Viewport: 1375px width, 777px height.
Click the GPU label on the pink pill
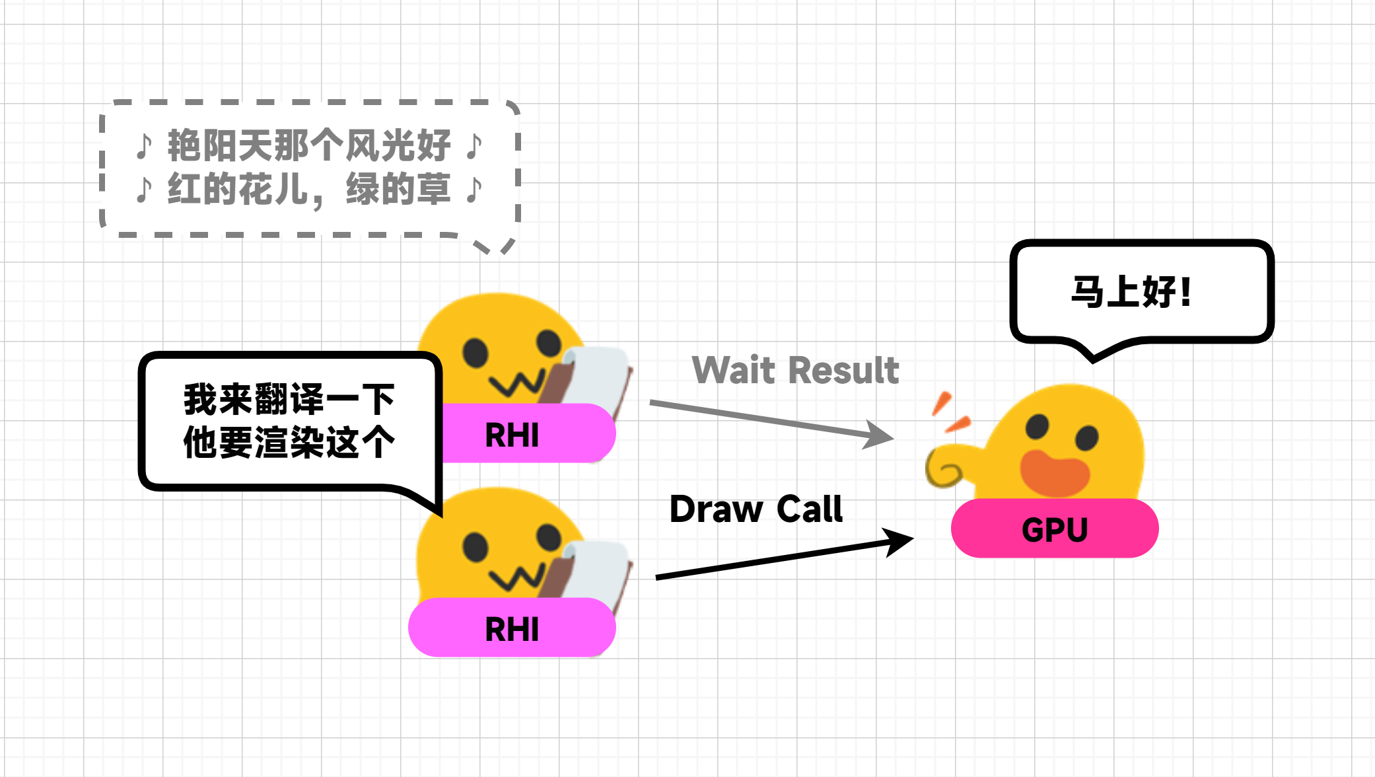1054,530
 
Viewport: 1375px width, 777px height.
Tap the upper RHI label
512,435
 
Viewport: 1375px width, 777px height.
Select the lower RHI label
512,629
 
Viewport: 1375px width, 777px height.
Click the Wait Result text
795,370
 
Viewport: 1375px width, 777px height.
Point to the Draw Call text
756,509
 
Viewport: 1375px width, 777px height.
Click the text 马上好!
1131,292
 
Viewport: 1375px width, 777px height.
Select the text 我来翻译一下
289,399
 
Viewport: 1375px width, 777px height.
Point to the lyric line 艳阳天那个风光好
308,145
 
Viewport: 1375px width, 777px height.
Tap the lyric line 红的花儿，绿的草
308,190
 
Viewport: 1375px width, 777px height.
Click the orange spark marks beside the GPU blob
949,412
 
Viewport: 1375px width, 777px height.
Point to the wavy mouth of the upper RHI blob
517,384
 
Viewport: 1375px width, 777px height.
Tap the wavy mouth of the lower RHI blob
517,577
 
